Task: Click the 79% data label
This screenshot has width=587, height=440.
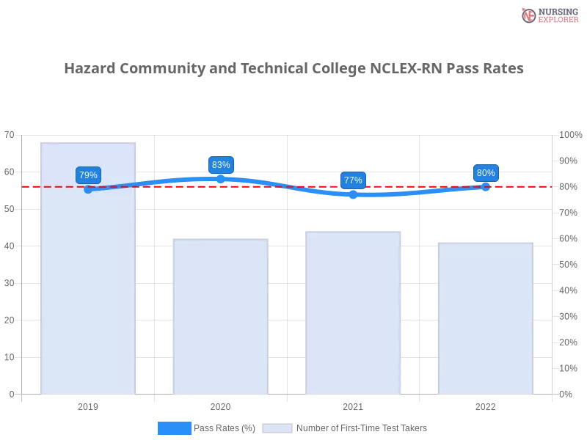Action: click(88, 175)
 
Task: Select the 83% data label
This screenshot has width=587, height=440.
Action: click(221, 165)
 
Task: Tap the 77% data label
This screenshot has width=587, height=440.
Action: click(353, 180)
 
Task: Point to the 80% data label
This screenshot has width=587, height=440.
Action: click(486, 173)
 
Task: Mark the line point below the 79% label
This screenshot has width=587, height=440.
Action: click(88, 189)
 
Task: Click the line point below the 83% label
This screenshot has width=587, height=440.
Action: click(221, 179)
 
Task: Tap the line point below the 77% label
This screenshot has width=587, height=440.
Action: click(353, 194)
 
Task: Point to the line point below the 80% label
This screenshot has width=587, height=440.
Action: click(486, 186)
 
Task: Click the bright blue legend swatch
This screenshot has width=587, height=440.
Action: click(174, 428)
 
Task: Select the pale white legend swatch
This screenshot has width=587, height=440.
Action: click(277, 428)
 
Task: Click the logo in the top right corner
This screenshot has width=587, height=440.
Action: click(548, 15)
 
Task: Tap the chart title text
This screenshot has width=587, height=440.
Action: click(296, 69)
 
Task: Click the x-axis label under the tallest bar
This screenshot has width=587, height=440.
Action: click(88, 405)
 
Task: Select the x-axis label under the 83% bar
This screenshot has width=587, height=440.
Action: click(220, 405)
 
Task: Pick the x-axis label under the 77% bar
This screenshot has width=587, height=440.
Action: click(353, 405)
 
